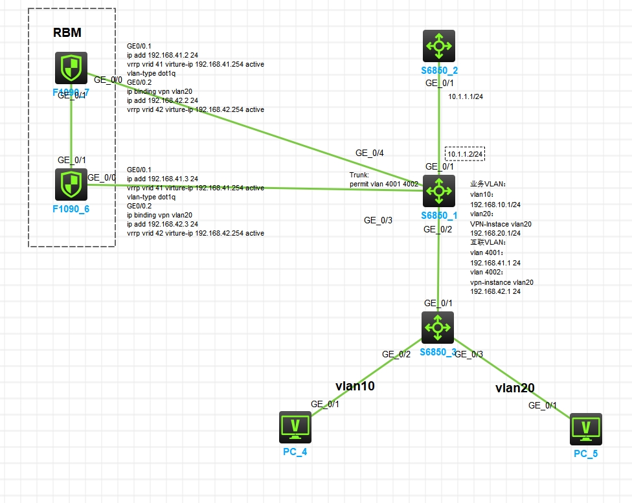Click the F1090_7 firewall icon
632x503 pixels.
pos(71,68)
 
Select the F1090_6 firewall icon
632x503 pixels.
pos(71,184)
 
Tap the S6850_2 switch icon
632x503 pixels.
pos(439,45)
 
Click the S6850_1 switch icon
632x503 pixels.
pos(439,190)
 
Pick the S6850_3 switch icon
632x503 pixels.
pos(438,328)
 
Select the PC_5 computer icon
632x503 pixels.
pos(585,429)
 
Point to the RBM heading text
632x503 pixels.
pos(67,33)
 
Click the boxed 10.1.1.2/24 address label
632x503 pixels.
pos(465,153)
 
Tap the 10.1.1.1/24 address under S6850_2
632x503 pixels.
pos(466,96)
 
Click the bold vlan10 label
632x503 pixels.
pos(355,386)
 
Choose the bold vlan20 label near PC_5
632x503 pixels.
pos(515,388)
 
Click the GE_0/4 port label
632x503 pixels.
pos(370,153)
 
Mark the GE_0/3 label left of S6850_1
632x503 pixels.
pos(378,220)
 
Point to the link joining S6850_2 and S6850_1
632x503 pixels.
pos(439,123)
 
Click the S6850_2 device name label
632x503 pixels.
pos(439,70)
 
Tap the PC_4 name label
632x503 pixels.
pos(295,452)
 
